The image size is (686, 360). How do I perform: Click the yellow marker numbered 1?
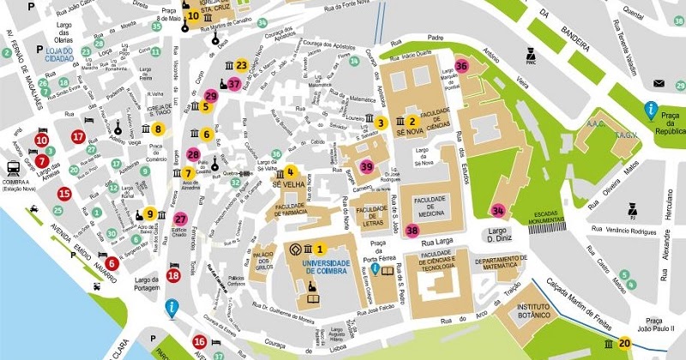322,249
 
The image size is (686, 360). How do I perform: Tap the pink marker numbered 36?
462,65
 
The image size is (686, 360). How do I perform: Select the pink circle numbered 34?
498,211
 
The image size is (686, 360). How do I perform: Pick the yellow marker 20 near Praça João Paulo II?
624,344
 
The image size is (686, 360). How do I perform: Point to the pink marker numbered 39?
367,166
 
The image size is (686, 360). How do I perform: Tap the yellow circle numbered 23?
242,65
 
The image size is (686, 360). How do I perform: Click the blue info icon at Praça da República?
652,110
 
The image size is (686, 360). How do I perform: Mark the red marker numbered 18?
174,275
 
